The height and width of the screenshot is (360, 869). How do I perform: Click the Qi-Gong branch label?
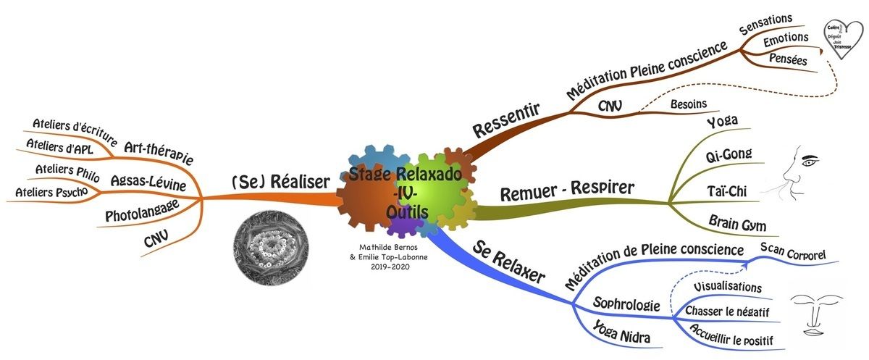[x=729, y=154]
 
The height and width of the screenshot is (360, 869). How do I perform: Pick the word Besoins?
[x=687, y=104]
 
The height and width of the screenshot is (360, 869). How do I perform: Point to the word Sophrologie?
[x=626, y=304]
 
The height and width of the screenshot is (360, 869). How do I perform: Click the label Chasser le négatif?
[x=726, y=311]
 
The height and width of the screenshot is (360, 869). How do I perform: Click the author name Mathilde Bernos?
[x=388, y=247]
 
